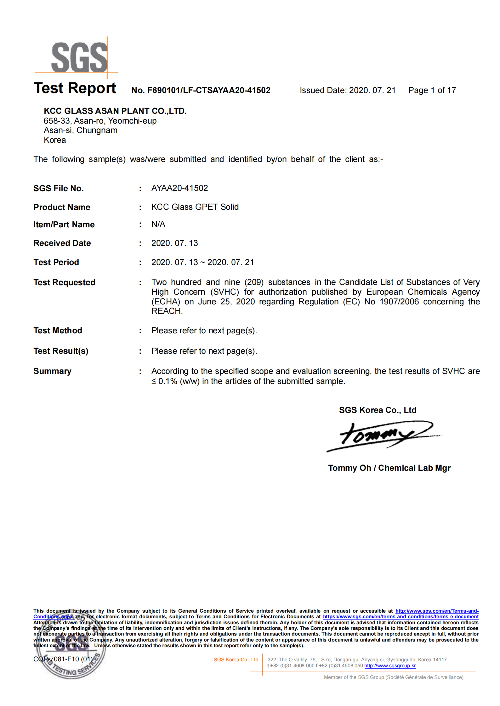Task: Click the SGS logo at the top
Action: (79, 57)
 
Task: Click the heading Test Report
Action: (75, 88)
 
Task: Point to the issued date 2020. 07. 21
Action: (372, 91)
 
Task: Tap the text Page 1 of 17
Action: (432, 91)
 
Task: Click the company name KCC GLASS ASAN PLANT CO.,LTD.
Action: (115, 111)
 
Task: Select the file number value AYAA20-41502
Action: (179, 188)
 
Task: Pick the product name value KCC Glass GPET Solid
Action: (195, 207)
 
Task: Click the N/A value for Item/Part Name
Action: (158, 224)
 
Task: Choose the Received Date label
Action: (62, 243)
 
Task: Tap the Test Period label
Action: (56, 262)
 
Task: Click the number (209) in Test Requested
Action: (254, 282)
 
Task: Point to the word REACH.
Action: (167, 311)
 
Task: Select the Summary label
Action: (52, 371)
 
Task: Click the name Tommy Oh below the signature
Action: (349, 468)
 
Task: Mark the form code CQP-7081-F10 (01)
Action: (63, 659)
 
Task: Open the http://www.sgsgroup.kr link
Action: (390, 666)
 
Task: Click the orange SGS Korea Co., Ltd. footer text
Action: (236, 659)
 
